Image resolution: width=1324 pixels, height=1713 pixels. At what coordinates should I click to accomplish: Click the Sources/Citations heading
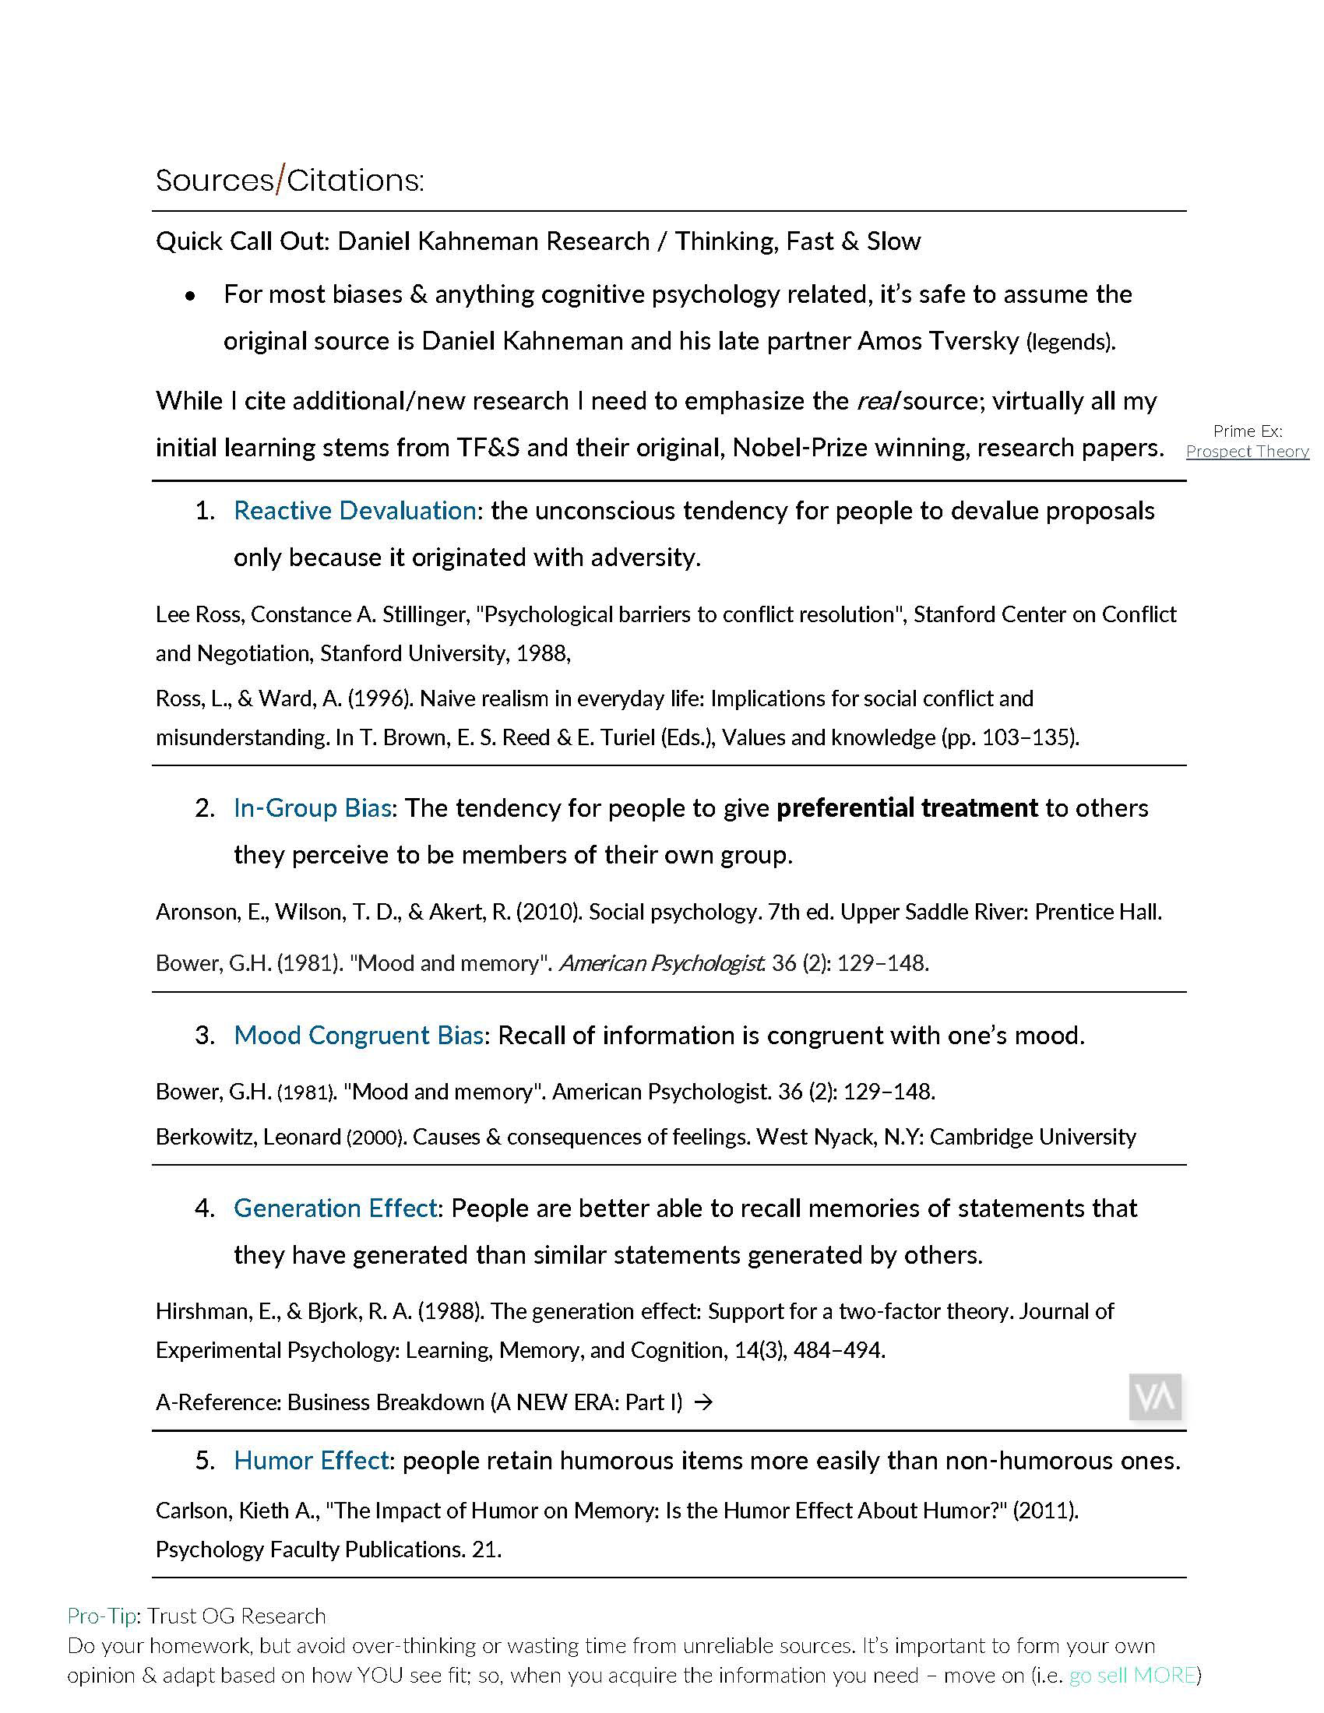coord(290,181)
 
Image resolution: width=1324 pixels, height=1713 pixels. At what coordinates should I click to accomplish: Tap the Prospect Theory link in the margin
coord(1246,451)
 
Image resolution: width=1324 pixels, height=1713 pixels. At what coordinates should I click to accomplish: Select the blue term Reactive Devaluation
coord(354,511)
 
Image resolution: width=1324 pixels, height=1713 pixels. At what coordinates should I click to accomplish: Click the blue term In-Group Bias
coord(312,808)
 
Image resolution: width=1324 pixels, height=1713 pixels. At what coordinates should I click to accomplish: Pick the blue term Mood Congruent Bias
coord(357,1036)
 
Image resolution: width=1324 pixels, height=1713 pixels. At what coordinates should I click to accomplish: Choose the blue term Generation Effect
coord(335,1208)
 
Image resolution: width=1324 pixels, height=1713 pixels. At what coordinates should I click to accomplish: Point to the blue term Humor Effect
coord(311,1461)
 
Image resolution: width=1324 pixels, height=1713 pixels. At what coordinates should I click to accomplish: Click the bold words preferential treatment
coord(907,808)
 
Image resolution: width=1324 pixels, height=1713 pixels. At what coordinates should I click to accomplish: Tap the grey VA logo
coord(1155,1397)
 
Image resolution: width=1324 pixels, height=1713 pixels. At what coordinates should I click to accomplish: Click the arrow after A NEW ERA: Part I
coord(703,1402)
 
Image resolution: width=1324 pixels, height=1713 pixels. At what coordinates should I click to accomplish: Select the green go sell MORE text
coord(1132,1676)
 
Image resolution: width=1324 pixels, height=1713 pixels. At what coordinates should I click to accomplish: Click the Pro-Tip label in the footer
coord(102,1616)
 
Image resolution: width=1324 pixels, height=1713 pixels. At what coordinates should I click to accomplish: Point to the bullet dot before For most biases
coord(190,296)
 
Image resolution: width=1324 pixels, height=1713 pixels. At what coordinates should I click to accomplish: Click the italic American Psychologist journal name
coord(661,963)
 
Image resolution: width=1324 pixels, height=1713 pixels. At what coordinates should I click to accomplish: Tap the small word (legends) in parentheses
coord(1070,342)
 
